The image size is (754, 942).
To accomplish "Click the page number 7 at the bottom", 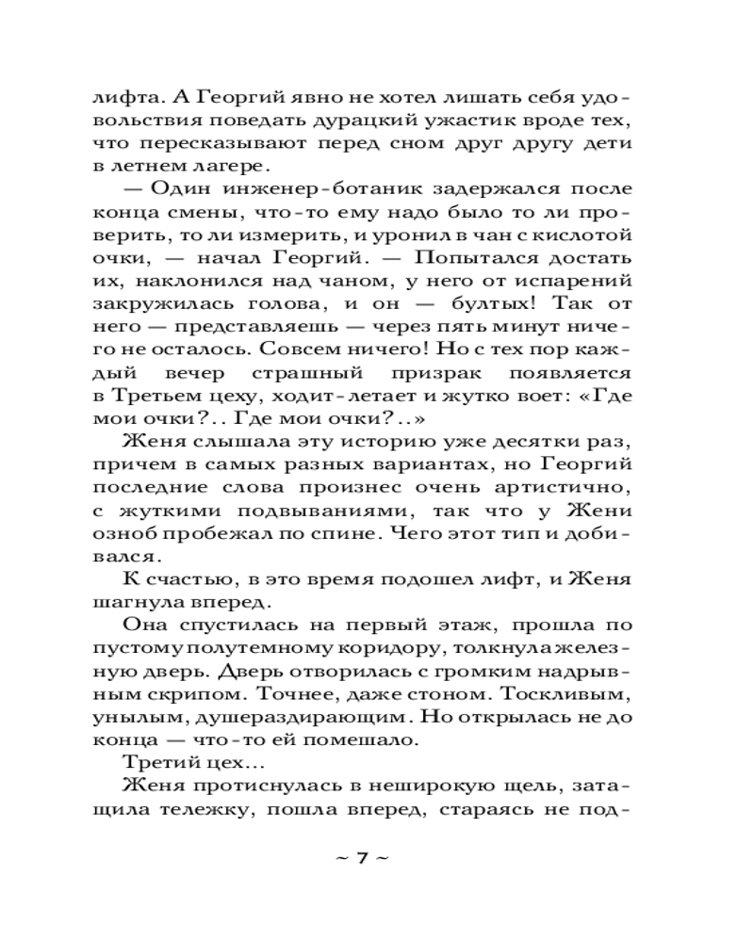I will click(361, 858).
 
